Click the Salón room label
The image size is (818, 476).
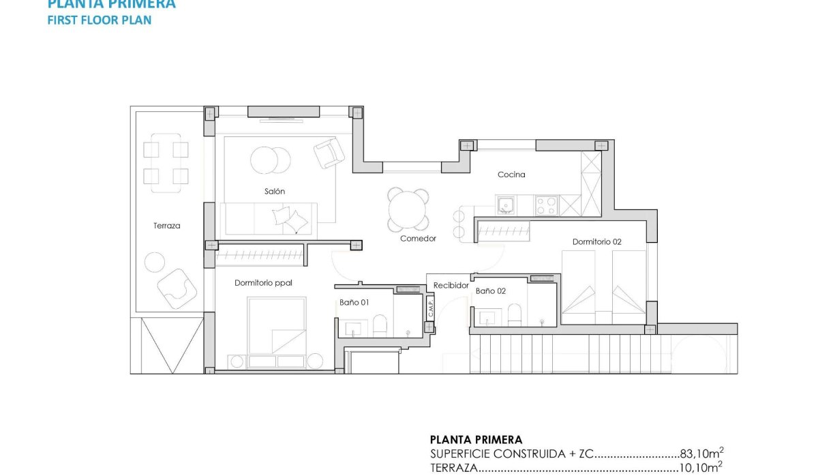click(275, 192)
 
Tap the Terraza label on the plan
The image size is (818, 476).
click(166, 226)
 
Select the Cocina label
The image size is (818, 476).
click(511, 175)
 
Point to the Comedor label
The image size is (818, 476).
click(418, 239)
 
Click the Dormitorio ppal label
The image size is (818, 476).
click(263, 283)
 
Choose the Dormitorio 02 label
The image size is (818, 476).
click(596, 242)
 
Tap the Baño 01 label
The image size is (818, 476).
click(354, 302)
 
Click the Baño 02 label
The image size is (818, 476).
click(491, 291)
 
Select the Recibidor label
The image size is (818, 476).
click(451, 286)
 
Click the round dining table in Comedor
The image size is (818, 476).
click(409, 210)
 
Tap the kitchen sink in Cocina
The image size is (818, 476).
click(506, 205)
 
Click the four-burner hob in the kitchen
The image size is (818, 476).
click(546, 205)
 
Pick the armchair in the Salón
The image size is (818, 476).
click(329, 153)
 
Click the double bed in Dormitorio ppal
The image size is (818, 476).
click(277, 331)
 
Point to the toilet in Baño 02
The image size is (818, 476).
click(515, 314)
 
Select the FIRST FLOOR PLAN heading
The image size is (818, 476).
click(99, 20)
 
